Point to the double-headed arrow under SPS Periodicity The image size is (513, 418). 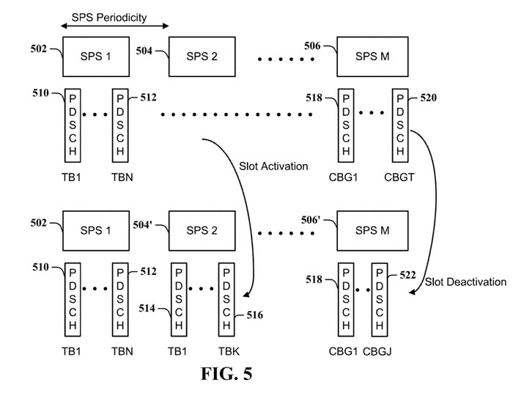pos(114,26)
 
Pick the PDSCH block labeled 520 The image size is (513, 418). pos(399,126)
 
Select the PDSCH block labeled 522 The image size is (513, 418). pos(380,298)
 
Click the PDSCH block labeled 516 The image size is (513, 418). pos(226,298)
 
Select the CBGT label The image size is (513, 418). pos(399,178)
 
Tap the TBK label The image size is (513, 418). pos(226,351)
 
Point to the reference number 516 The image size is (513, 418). pos(252,315)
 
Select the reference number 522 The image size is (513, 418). pos(407,275)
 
